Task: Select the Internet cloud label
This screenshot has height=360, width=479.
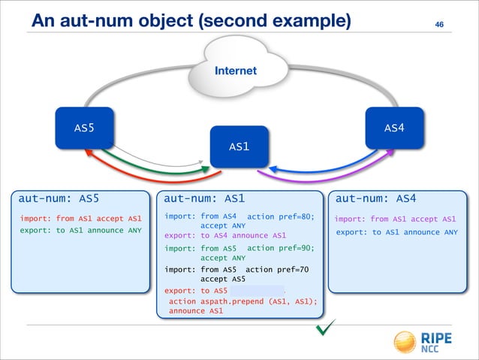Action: click(x=235, y=71)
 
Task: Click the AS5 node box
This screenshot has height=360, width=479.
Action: click(x=83, y=128)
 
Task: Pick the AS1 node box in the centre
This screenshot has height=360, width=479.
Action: click(x=239, y=146)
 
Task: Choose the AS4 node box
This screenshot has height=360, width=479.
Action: click(x=394, y=128)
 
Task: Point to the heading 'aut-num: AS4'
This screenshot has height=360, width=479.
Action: click(x=375, y=199)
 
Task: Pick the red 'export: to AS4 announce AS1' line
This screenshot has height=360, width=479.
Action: click(x=224, y=235)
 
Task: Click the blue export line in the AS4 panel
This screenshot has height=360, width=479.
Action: click(x=396, y=232)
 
